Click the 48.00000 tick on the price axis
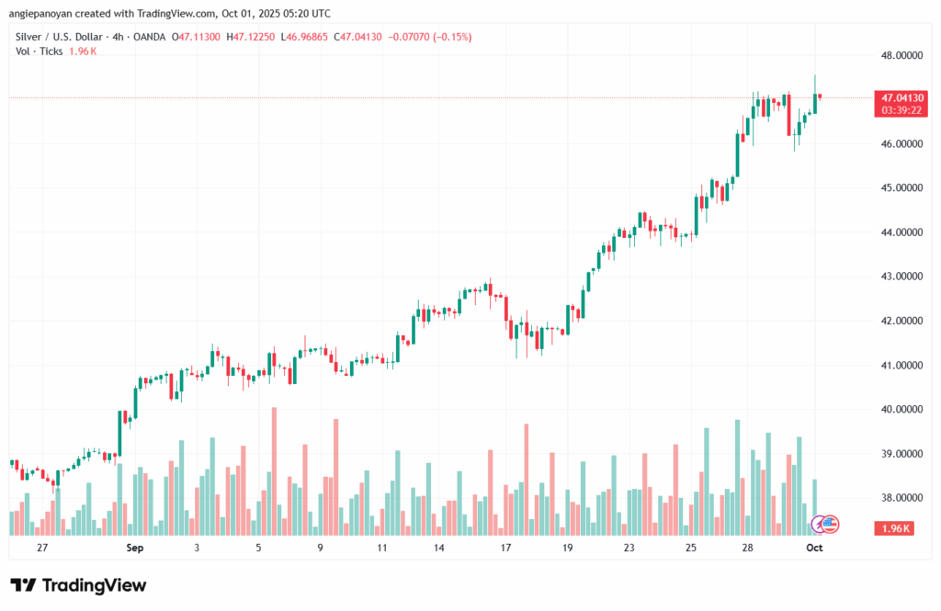point(902,54)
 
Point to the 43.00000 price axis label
point(902,276)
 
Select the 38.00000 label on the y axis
point(902,497)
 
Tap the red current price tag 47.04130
point(902,96)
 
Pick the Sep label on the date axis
point(135,548)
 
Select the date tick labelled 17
point(505,548)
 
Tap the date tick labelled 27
point(42,548)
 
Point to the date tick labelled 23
point(629,548)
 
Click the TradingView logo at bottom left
point(78,585)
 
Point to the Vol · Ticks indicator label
point(38,51)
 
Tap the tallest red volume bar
point(274,470)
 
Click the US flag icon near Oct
point(830,524)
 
